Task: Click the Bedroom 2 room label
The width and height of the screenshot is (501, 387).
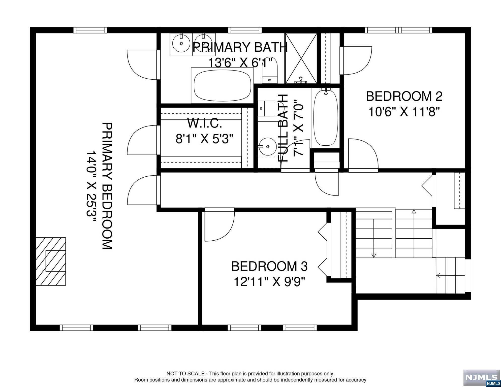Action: [404, 96]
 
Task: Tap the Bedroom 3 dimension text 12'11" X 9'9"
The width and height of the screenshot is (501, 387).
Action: [269, 282]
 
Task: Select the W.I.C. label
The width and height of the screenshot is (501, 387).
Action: [204, 123]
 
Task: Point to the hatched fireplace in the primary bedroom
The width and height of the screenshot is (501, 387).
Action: [51, 261]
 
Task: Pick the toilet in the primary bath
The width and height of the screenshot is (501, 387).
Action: [270, 71]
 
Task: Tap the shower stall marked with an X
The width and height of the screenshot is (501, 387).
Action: [301, 58]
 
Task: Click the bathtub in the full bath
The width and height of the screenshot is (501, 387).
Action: [325, 118]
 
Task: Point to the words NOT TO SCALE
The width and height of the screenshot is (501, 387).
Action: [185, 374]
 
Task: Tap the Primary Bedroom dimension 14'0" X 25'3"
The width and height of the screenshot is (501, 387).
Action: [91, 186]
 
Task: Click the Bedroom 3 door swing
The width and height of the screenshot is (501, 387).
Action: [219, 224]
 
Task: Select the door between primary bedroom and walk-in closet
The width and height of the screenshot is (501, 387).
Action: [144, 140]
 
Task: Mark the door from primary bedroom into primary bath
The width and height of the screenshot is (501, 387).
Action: [144, 65]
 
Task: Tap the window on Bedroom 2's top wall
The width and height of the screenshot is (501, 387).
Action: [398, 30]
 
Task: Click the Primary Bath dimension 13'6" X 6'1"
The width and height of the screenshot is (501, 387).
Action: [240, 62]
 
